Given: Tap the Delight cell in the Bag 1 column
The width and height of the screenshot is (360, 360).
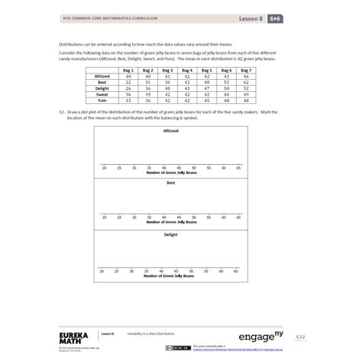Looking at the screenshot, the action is [129, 88].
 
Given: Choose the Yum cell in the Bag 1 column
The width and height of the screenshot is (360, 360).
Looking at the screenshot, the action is [129, 99].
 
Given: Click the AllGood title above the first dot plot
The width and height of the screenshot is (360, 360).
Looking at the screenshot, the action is [171, 131].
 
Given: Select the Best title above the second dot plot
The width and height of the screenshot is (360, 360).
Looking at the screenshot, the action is [171, 183].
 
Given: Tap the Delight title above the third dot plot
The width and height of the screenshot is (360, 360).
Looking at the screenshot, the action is [171, 235].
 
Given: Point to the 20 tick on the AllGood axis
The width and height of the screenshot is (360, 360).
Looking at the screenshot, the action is [104, 167].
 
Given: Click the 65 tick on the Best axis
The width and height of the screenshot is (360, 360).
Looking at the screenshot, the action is [238, 218].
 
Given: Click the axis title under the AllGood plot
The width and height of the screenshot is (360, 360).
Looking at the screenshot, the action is [171, 172].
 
